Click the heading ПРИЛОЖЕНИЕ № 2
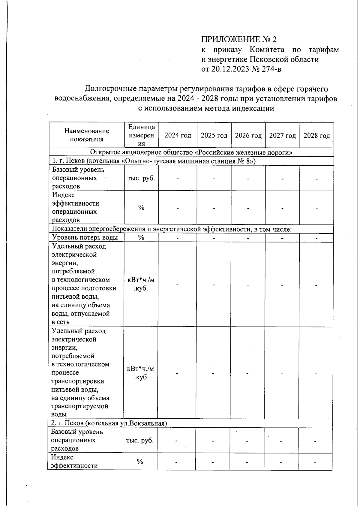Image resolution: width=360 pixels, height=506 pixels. point(238,39)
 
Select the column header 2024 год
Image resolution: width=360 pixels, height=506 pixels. point(178,135)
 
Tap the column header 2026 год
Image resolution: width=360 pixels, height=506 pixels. point(248,135)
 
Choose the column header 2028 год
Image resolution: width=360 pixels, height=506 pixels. point(316,135)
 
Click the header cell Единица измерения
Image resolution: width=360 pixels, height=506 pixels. point(141,135)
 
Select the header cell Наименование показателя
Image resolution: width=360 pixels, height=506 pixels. point(87,135)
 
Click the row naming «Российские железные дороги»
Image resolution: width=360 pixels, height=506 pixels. point(191,152)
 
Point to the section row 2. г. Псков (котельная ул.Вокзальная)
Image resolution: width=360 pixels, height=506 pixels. point(109,423)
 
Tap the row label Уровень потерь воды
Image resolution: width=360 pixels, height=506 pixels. point(85,238)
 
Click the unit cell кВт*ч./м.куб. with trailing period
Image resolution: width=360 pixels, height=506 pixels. point(141,284)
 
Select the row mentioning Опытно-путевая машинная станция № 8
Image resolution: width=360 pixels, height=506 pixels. point(154,161)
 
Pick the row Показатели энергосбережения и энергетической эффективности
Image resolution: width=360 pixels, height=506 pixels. point(172,229)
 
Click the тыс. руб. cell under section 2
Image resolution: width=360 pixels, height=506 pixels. point(140,440)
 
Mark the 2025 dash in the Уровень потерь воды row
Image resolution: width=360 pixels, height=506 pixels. point(214,238)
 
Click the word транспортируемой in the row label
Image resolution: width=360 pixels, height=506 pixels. point(79,406)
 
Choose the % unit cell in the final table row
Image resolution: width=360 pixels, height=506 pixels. point(140,462)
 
